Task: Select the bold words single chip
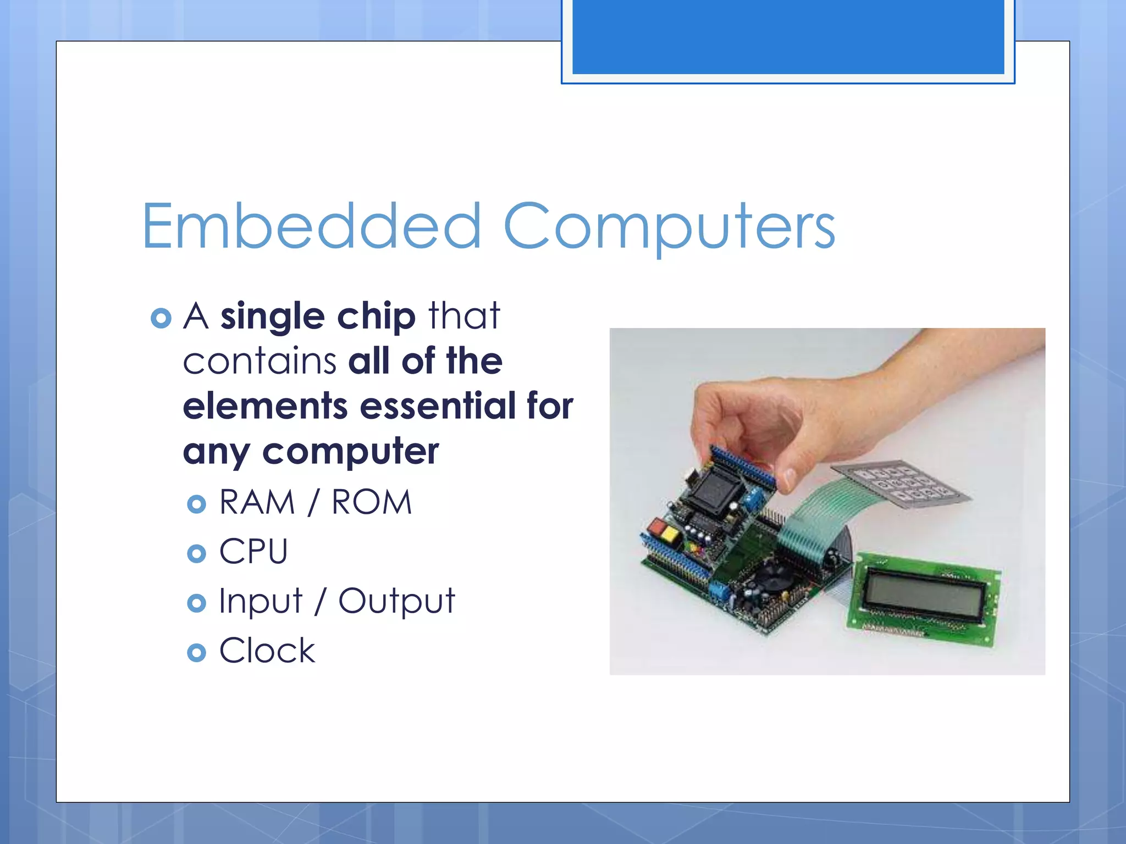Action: point(318,316)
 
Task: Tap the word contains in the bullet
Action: point(260,362)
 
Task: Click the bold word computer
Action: point(350,452)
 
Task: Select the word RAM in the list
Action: point(257,502)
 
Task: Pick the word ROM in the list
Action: point(372,502)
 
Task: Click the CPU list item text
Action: point(253,551)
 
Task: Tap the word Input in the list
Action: point(261,601)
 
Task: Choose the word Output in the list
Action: point(396,601)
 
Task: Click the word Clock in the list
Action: point(267,651)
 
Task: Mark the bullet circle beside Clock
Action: point(196,653)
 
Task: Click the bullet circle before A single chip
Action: point(161,318)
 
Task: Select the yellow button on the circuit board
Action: point(670,533)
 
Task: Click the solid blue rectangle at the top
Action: point(788,36)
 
